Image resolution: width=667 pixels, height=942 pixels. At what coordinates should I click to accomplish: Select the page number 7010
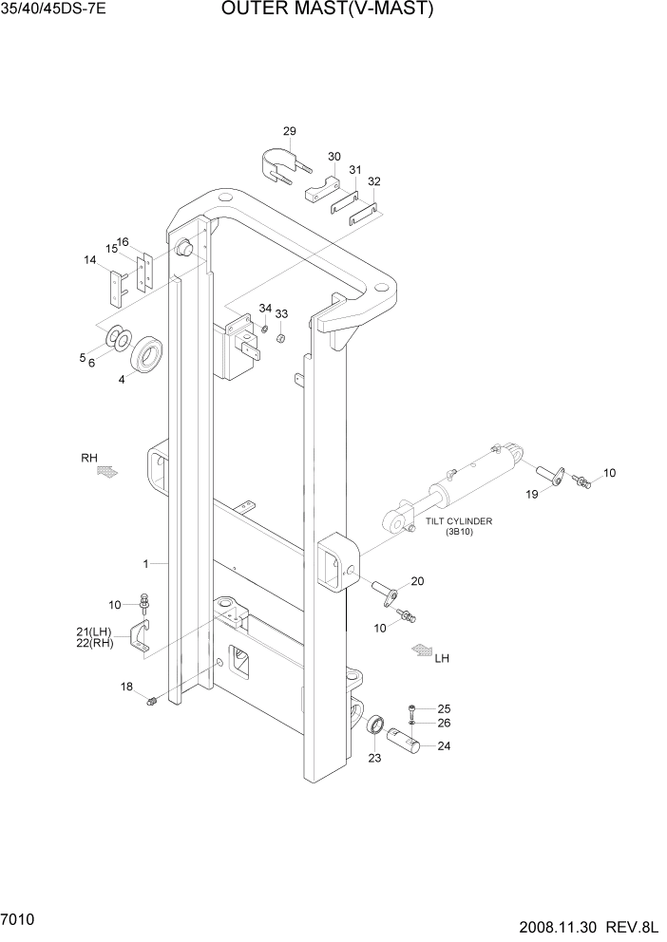click(20, 920)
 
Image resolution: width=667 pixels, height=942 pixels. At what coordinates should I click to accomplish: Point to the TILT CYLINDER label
click(459, 521)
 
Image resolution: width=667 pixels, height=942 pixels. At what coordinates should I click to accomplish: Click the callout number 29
click(290, 131)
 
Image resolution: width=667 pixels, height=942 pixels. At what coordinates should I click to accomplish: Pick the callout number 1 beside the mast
click(146, 563)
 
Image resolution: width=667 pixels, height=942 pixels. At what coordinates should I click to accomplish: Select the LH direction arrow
click(419, 651)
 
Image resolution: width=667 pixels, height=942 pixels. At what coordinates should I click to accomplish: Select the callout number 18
click(127, 687)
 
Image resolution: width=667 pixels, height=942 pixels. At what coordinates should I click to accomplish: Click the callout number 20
click(417, 581)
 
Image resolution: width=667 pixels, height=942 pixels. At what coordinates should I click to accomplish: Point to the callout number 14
click(90, 259)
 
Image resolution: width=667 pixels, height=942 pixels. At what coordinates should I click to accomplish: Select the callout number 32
click(374, 180)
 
